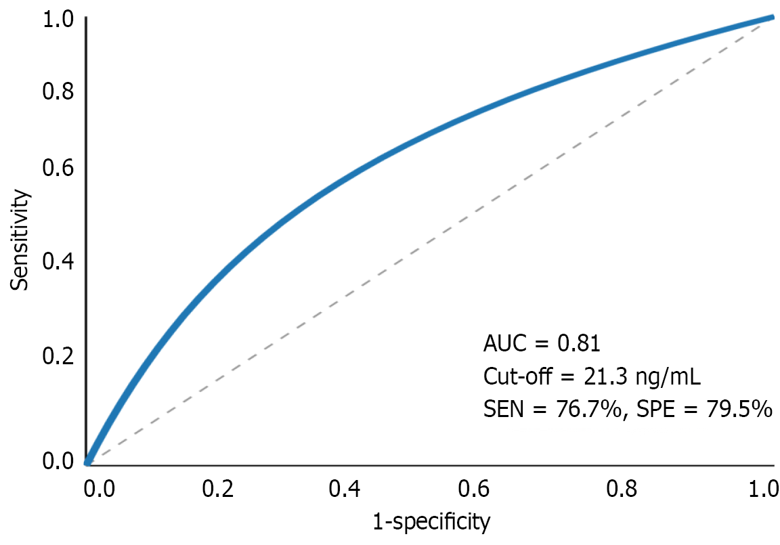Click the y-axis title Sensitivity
click(20, 240)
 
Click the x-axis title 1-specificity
click(431, 522)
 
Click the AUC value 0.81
click(578, 344)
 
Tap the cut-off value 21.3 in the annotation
click(588, 376)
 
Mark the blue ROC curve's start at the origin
click(88, 462)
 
